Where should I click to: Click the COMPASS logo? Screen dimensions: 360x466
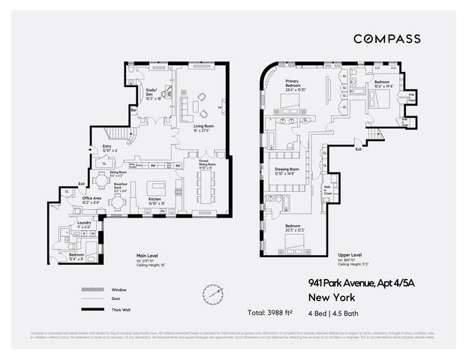coord(386,39)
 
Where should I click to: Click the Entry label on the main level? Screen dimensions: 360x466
coord(106,148)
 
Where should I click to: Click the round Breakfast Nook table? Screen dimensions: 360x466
coord(102,181)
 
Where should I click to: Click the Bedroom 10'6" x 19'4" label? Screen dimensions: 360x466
coord(382,83)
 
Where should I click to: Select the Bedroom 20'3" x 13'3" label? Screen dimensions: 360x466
coord(296,228)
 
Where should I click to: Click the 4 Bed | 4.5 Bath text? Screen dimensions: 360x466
coord(338,311)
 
